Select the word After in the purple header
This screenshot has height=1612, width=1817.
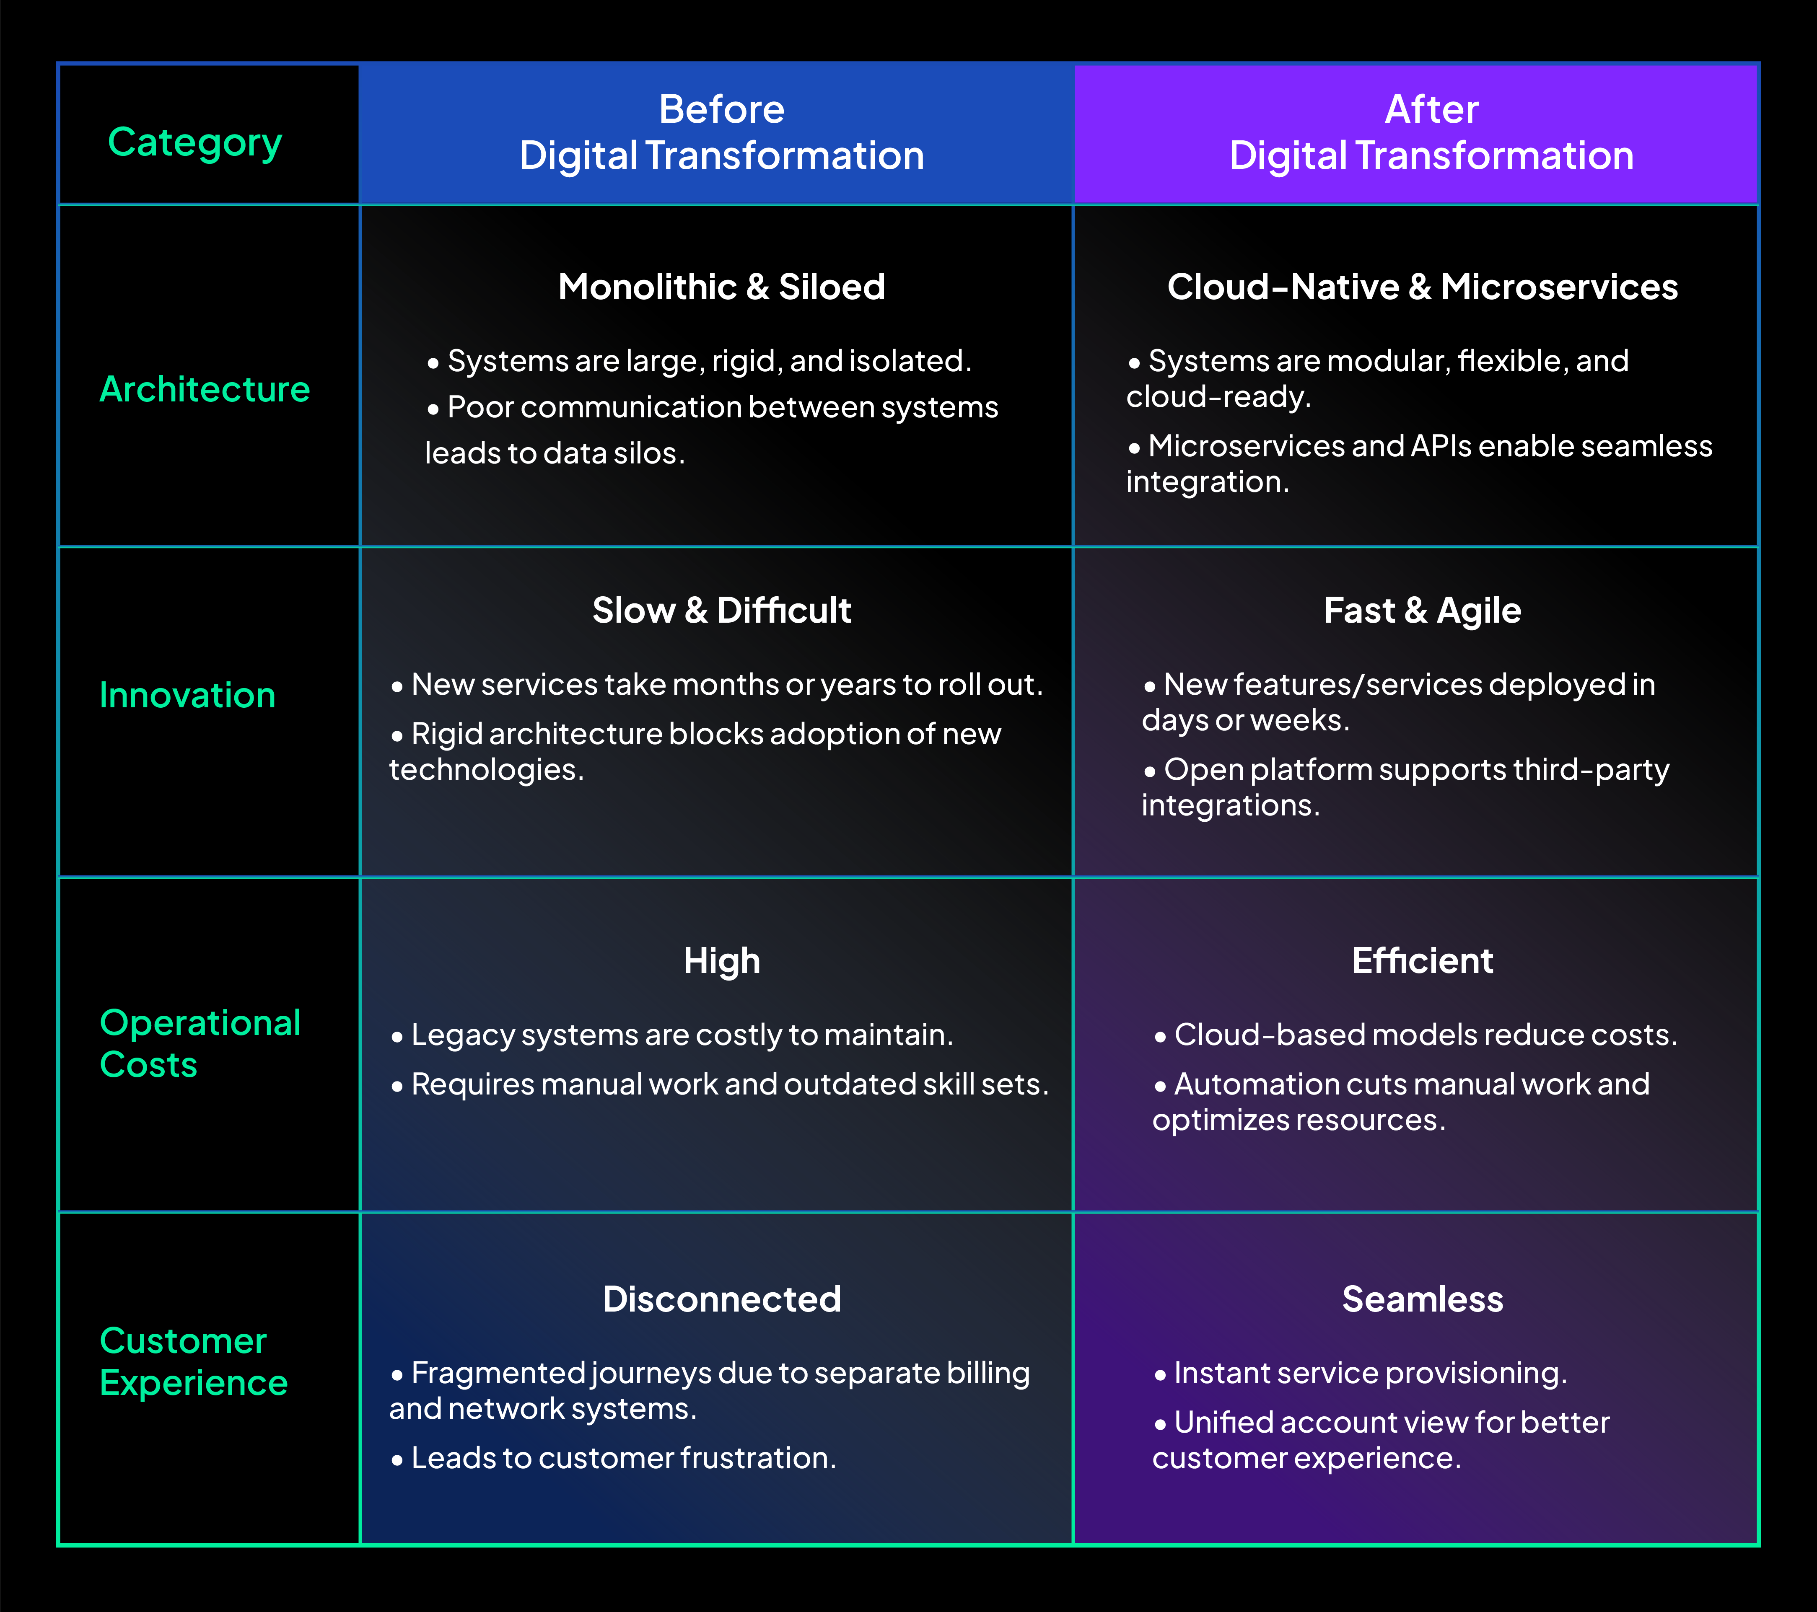click(1431, 109)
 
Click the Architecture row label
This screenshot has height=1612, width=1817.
click(205, 389)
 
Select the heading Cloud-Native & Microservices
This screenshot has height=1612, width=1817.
click(1422, 287)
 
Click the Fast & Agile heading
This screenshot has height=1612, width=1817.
click(1422, 611)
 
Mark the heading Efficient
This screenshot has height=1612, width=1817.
click(1422, 961)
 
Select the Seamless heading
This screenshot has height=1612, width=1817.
click(1422, 1299)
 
